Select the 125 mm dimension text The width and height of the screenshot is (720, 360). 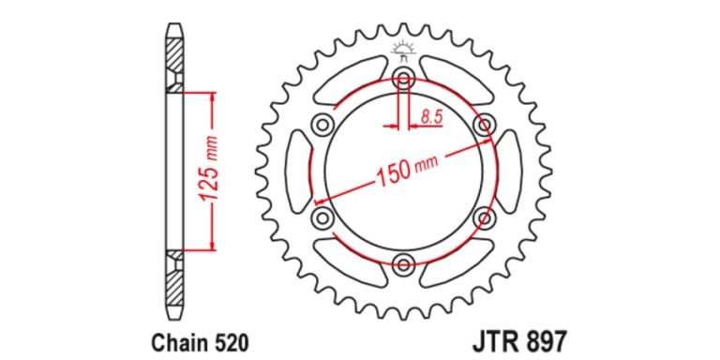click(210, 171)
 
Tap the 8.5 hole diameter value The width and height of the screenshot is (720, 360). click(430, 117)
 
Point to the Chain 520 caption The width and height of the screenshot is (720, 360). click(201, 341)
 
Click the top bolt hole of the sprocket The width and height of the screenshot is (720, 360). click(403, 77)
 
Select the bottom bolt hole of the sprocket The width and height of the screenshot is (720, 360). click(403, 263)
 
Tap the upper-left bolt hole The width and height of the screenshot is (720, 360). click(322, 124)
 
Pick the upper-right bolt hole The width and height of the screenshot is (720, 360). click(485, 124)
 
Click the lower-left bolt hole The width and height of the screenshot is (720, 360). click(322, 217)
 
